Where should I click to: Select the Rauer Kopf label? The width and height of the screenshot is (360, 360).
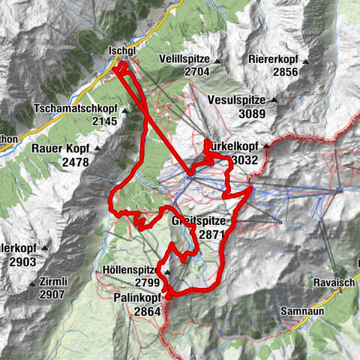[x=61, y=148]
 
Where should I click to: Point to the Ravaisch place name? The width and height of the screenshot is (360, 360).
[x=333, y=284]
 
